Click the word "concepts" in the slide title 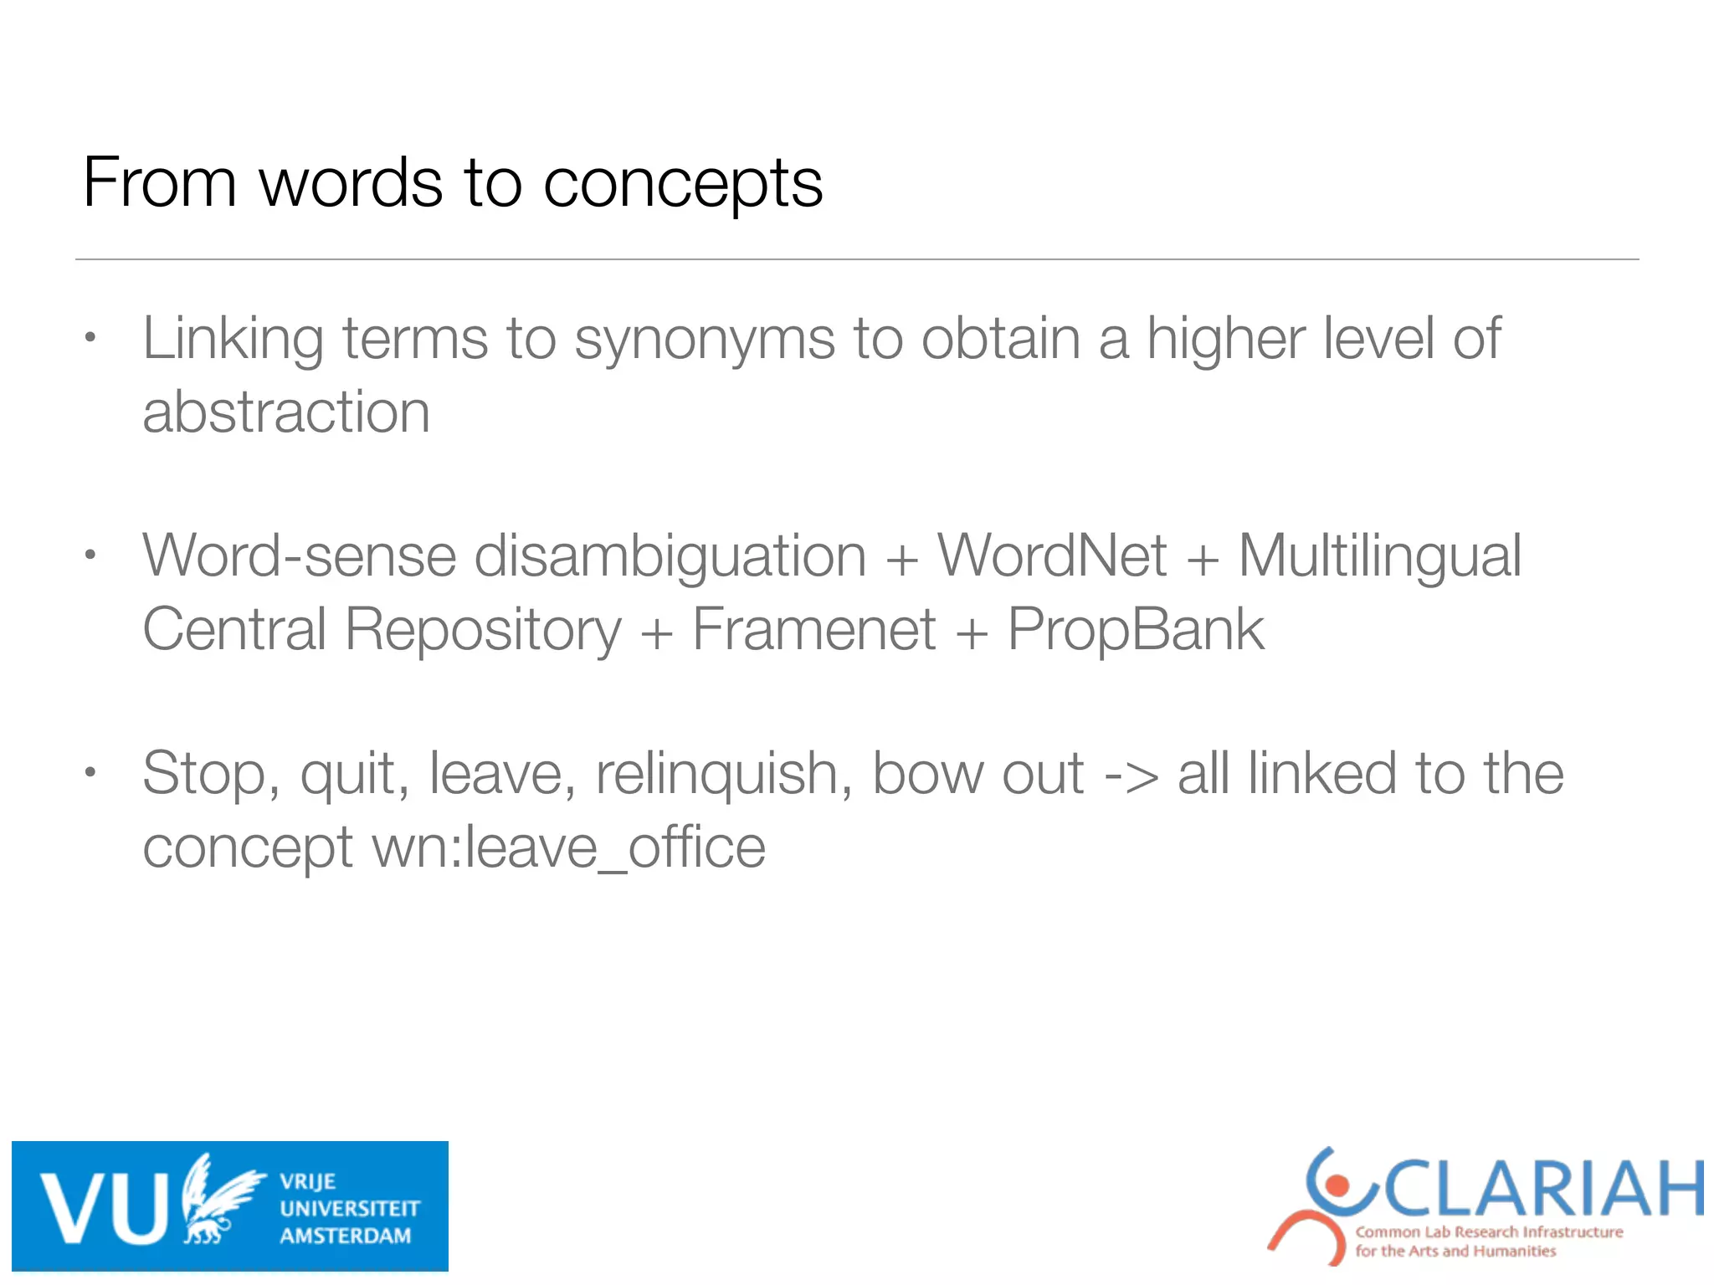[682, 184]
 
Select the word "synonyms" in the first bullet [704, 340]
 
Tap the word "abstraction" [286, 412]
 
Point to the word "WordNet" [1051, 555]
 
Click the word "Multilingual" [1379, 557]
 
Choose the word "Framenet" [813, 629]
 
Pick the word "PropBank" [1136, 629]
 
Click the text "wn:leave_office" [568, 847]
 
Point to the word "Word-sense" [299, 556]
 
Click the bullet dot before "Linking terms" [91, 339]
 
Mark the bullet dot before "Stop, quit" [91, 773]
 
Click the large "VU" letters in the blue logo [105, 1208]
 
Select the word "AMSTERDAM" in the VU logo [345, 1236]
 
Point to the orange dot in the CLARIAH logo [1337, 1185]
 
